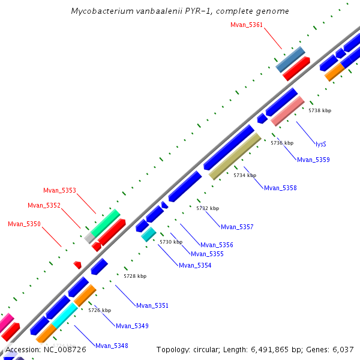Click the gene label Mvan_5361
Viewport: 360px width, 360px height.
click(247, 25)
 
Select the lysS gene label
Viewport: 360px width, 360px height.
click(321, 144)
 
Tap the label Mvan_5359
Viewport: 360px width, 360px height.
click(313, 160)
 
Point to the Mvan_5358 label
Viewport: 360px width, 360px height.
click(280, 188)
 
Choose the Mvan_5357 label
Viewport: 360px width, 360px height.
click(237, 227)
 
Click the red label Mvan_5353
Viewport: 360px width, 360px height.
click(59, 190)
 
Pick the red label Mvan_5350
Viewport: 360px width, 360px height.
click(24, 224)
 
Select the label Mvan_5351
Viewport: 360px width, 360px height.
click(152, 305)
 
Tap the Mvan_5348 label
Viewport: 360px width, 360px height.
click(112, 346)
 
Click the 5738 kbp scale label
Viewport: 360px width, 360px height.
click(320, 110)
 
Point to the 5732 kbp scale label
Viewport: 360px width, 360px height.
click(208, 208)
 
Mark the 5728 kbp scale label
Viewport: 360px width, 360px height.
click(135, 276)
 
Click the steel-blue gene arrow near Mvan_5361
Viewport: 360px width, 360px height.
click(290, 59)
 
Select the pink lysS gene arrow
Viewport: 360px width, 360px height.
click(287, 111)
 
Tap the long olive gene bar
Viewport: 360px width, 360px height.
click(235, 156)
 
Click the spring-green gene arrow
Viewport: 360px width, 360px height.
click(105, 223)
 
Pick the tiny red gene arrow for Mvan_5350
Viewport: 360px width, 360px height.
click(77, 265)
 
